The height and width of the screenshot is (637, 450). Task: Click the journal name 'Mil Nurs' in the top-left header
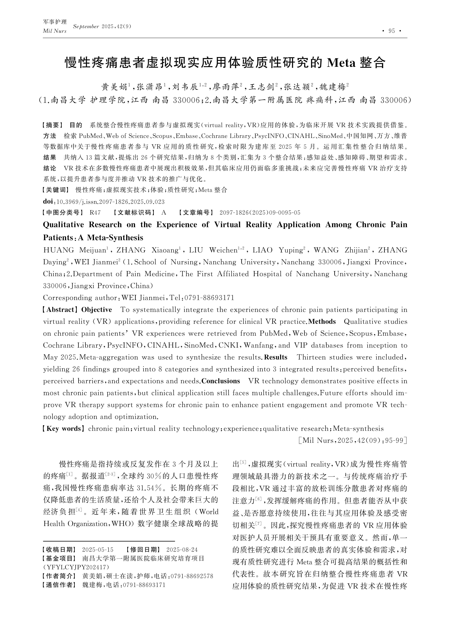55,31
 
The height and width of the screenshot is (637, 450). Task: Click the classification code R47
95,213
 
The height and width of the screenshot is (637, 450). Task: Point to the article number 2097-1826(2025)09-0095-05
260,213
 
